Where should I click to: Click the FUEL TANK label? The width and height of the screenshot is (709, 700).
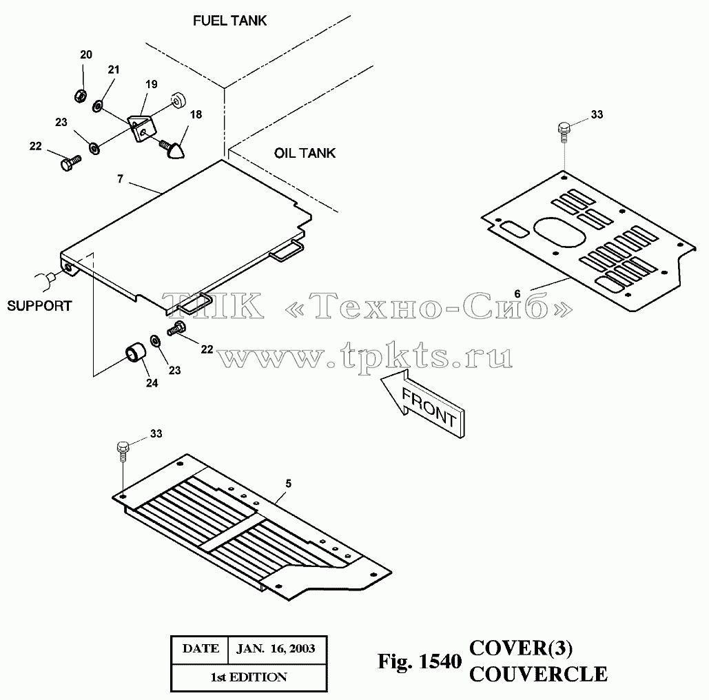tap(229, 21)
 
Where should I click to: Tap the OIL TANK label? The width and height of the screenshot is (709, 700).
tap(305, 153)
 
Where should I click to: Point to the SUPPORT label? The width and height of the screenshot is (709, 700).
tap(39, 306)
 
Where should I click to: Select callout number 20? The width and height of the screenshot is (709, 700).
tap(86, 54)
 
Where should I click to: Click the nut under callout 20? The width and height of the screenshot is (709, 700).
tap(81, 96)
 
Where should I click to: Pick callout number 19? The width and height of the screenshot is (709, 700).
tap(152, 85)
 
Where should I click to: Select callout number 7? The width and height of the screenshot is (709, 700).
tap(121, 179)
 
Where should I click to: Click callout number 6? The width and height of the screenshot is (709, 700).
tap(517, 294)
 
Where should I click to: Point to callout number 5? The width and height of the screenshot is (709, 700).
tap(289, 484)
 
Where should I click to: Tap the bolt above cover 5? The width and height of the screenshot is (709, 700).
tap(123, 451)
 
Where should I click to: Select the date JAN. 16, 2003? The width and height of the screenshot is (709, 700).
tap(276, 649)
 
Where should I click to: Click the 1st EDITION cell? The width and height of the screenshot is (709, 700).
tap(249, 677)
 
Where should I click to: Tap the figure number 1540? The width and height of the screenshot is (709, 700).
tap(440, 661)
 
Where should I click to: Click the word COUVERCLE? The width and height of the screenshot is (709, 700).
tap(538, 675)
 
